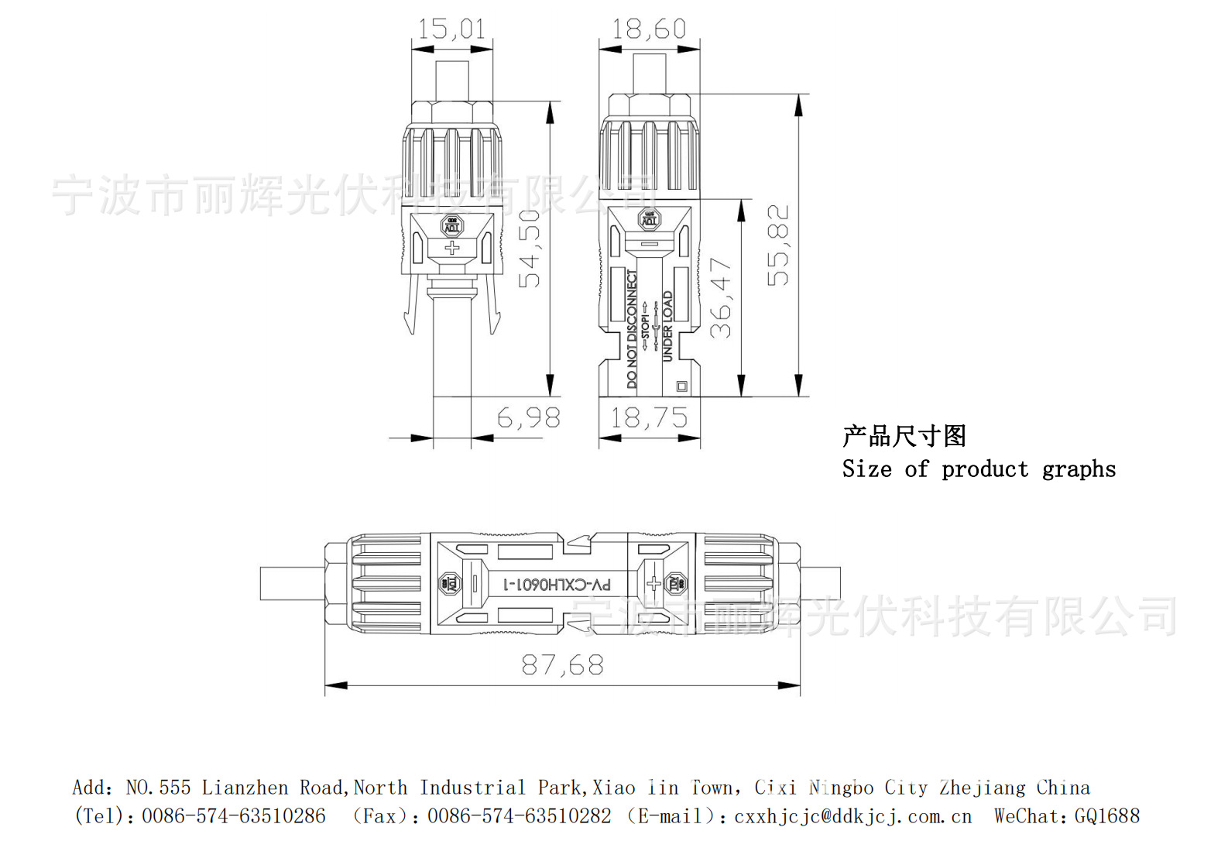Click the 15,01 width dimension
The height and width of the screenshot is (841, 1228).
click(451, 29)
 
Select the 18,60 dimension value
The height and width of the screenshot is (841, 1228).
click(649, 29)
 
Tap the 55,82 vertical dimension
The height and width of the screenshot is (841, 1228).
click(778, 245)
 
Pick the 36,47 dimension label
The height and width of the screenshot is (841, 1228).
click(721, 298)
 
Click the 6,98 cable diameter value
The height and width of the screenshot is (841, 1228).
click(528, 418)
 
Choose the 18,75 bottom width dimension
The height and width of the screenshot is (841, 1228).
click(649, 418)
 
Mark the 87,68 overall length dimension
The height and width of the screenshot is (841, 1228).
click(562, 664)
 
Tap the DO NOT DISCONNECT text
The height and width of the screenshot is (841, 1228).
click(632, 329)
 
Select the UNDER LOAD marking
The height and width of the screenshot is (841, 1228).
click(667, 326)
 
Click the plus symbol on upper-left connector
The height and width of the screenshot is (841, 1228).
click(451, 248)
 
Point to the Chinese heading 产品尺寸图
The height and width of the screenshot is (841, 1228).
click(904, 436)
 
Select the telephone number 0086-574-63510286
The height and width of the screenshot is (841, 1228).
click(233, 815)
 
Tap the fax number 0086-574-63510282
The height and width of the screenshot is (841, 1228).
click(519, 815)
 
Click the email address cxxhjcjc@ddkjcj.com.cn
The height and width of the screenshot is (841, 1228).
click(852, 816)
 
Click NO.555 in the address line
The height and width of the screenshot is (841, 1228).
click(158, 788)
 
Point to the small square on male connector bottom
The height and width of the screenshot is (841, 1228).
click(682, 386)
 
